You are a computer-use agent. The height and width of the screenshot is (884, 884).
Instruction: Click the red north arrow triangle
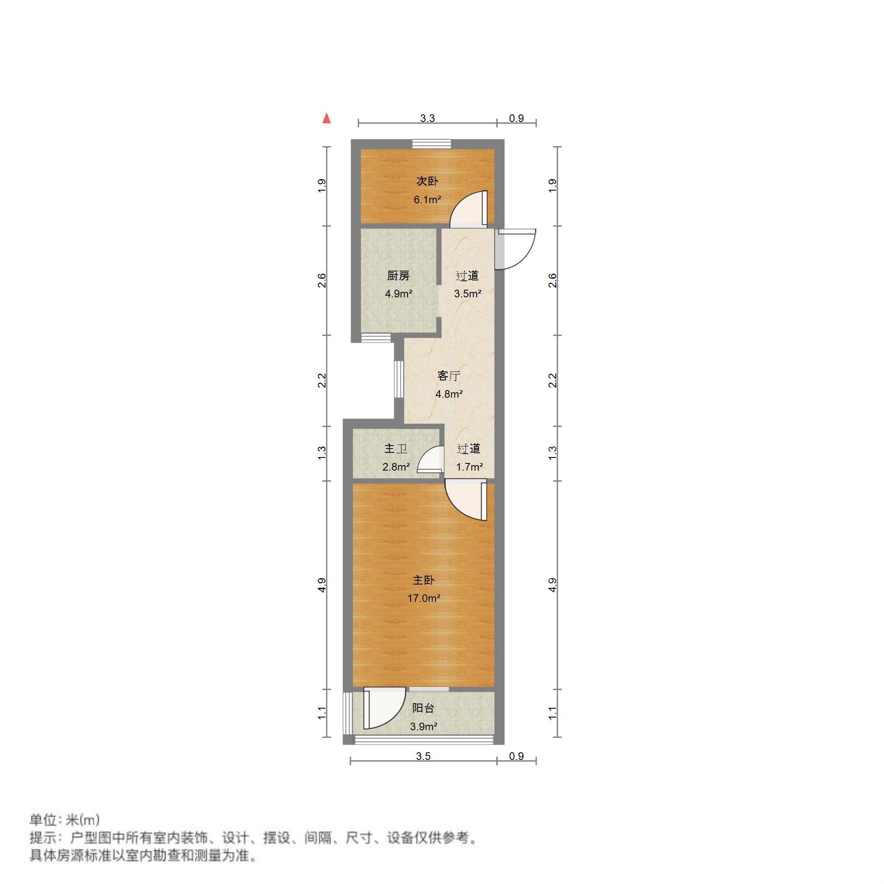coord(326,119)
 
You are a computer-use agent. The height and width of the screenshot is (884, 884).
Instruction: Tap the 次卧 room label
coord(427,181)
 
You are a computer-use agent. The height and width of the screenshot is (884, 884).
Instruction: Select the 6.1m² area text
coord(427,200)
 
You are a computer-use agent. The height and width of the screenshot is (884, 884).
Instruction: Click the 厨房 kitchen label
coord(398,276)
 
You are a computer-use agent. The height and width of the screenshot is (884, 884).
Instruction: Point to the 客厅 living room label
coord(449,376)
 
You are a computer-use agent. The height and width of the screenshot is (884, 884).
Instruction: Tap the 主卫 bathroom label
coord(396,449)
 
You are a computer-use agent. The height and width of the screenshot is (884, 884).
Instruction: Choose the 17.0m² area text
coord(424,598)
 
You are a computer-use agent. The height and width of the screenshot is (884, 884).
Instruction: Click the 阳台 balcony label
coord(423,708)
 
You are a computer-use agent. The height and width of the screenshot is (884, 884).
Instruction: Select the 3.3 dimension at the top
coord(427,119)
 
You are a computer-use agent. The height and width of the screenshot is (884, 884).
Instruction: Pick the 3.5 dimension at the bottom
coord(423,756)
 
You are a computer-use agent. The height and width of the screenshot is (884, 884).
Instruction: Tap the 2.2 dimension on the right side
coord(553,381)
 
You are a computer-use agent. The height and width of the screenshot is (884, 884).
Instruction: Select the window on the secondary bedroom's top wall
coord(431,144)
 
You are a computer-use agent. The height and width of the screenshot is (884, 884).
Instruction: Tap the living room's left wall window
coord(399,380)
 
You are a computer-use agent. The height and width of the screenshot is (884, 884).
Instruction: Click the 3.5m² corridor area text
coord(467,294)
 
